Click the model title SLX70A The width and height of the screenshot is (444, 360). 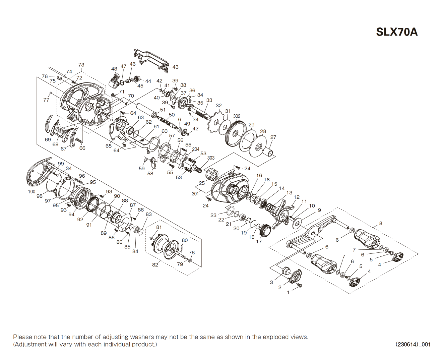[x=397, y=32]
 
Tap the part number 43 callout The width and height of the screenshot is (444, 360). [x=175, y=67]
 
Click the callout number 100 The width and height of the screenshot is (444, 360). [x=31, y=192]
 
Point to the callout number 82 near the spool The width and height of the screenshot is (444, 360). [x=155, y=265]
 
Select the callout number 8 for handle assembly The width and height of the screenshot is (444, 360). [x=380, y=223]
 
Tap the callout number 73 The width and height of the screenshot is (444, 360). [x=81, y=65]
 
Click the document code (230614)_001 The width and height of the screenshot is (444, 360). [x=413, y=344]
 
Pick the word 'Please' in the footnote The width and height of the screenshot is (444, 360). [x=22, y=337]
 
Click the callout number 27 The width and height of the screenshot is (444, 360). [x=273, y=137]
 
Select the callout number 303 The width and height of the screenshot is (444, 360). [x=211, y=158]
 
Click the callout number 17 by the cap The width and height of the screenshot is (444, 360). [x=259, y=241]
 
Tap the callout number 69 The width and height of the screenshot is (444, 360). [x=48, y=140]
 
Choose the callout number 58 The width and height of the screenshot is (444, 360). [x=150, y=173]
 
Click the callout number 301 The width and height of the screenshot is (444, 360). [x=195, y=194]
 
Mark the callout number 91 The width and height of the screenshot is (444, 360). [x=89, y=225]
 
